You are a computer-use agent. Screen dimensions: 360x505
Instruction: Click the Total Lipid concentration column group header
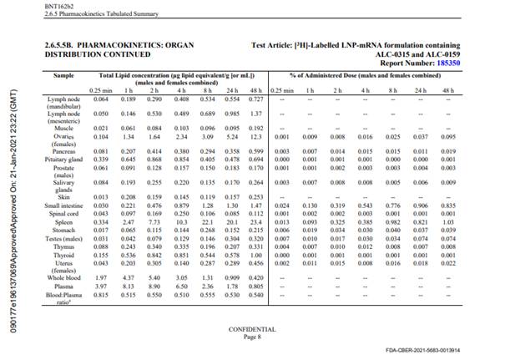(176, 75)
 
